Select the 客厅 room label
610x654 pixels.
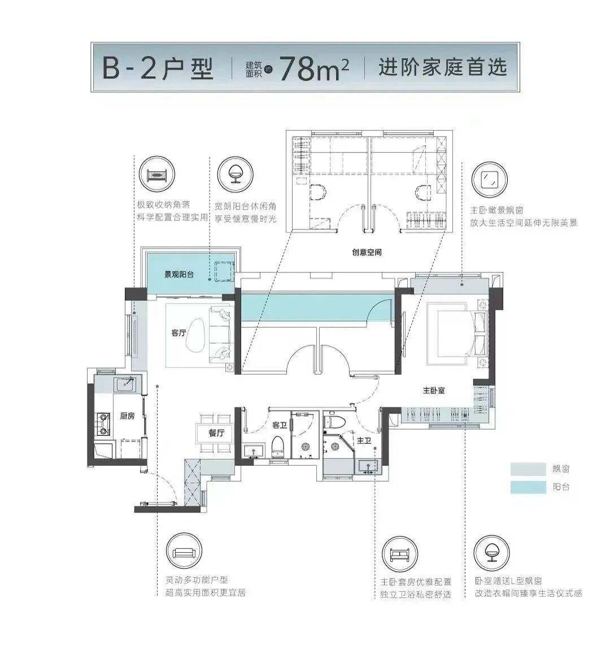pyautogui.click(x=178, y=333)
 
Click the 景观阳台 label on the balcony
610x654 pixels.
pyautogui.click(x=179, y=275)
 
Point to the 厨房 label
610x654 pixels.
pyautogui.click(x=127, y=416)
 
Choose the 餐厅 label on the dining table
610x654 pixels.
pyautogui.click(x=216, y=434)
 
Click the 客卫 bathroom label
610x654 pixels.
pyautogui.click(x=280, y=425)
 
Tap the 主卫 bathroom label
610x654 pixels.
pyautogui.click(x=364, y=440)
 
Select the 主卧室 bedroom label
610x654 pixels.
pyautogui.click(x=434, y=390)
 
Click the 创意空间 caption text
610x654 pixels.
pyautogui.click(x=367, y=252)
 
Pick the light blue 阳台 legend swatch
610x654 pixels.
pyautogui.click(x=528, y=487)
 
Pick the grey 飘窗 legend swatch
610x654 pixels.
pyautogui.click(x=528, y=469)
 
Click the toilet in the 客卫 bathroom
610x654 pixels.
pyautogui.click(x=277, y=445)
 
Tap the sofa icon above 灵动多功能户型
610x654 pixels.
pyautogui.click(x=184, y=552)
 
